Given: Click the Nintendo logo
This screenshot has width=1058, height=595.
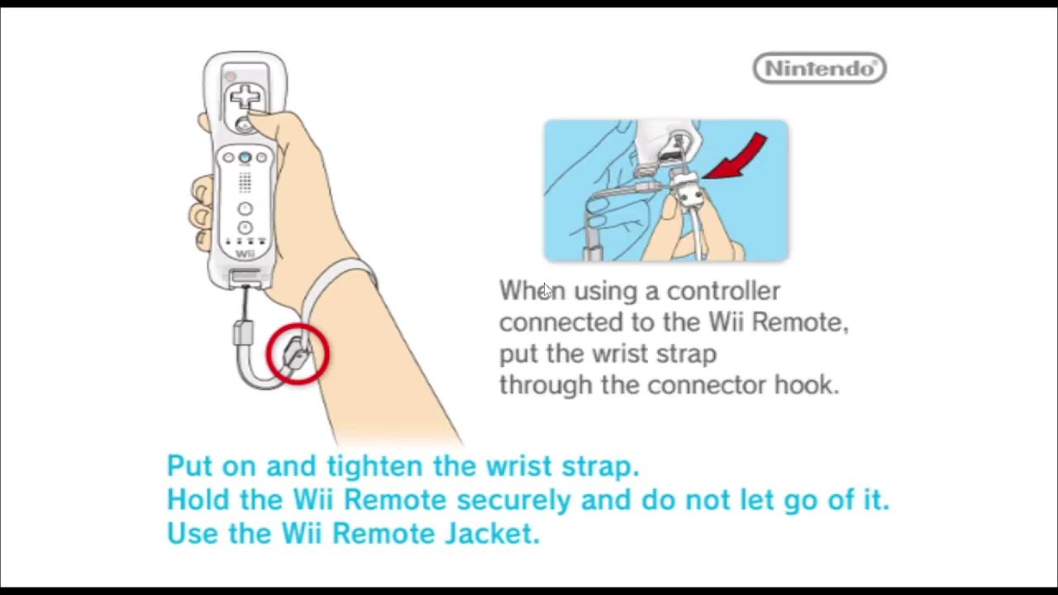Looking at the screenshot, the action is pyautogui.click(x=819, y=69).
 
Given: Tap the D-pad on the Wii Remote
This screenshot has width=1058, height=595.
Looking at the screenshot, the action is pyautogui.click(x=245, y=98).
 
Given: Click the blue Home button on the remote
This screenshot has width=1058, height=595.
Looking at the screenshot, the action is pyautogui.click(x=245, y=157).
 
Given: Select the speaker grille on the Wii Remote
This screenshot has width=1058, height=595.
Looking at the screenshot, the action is pyautogui.click(x=245, y=183).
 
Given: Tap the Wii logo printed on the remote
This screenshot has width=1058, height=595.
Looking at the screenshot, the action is pyautogui.click(x=245, y=254).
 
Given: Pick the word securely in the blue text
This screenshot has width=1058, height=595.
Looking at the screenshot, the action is pyautogui.click(x=514, y=500).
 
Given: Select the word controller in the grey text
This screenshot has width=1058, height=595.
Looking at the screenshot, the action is pyautogui.click(x=723, y=291).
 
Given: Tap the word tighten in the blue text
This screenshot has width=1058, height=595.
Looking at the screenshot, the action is pyautogui.click(x=375, y=466).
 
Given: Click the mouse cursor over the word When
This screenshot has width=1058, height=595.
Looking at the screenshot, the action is pyautogui.click(x=547, y=291).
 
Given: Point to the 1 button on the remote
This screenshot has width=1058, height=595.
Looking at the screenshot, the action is pyautogui.click(x=245, y=208).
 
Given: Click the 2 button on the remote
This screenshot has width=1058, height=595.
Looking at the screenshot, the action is pyautogui.click(x=245, y=227).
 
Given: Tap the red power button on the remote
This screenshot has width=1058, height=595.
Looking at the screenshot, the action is pyautogui.click(x=231, y=76).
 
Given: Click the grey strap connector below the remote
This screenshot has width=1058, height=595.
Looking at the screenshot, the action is pyautogui.click(x=243, y=332).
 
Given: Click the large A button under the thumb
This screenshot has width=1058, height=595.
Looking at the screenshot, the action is pyautogui.click(x=244, y=125).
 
